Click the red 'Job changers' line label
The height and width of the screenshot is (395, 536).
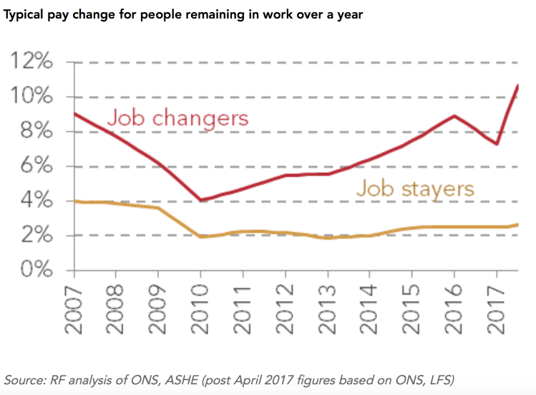coord(177,118)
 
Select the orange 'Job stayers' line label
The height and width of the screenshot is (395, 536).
coord(415,189)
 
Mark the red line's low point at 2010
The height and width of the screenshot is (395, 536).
coord(202,200)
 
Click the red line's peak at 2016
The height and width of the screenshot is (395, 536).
coord(454,115)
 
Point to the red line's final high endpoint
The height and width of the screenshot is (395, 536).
coord(517,86)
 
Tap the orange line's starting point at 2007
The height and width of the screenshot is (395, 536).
coord(74,201)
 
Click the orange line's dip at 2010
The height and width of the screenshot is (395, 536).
coord(202,236)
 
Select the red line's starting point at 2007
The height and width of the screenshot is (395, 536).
coord(74,113)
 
